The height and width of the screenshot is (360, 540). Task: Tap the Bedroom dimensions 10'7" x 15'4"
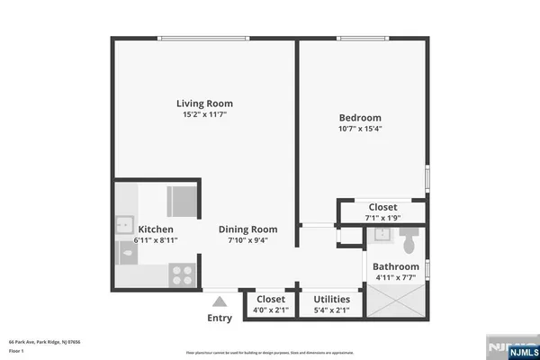point(359,129)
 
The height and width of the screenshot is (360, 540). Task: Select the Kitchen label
point(155,229)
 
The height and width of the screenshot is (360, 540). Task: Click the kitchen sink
point(123,223)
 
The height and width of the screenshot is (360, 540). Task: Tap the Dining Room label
point(248,229)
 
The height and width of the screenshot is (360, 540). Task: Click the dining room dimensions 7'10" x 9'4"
point(248,240)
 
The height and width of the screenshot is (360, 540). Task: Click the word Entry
point(220,318)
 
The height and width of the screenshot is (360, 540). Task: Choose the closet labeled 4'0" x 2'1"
point(271,304)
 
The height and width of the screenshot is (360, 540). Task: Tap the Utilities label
point(331,299)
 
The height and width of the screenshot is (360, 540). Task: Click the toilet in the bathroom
point(408,238)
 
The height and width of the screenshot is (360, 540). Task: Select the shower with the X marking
point(396,302)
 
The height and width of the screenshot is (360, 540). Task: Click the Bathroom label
point(396,266)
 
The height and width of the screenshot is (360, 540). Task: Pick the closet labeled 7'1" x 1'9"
point(382,212)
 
